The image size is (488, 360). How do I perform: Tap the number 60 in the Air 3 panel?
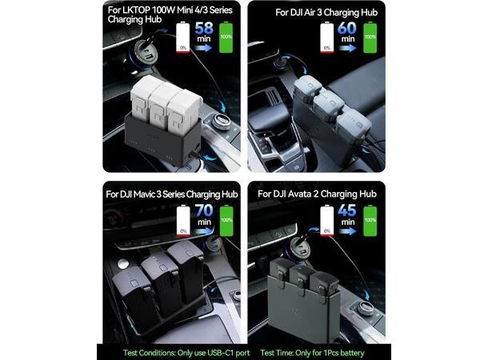(x=347, y=29)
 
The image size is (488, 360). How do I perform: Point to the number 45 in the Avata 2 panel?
(x=347, y=213)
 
